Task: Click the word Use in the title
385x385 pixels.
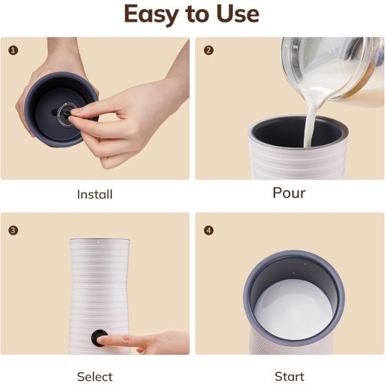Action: [238, 14]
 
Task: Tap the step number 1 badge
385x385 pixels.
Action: [13, 50]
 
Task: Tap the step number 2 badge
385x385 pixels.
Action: [208, 50]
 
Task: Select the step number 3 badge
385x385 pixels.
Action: [13, 230]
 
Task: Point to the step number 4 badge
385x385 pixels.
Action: [208, 230]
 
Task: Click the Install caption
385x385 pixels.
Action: [95, 195]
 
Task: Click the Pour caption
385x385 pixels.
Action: [289, 193]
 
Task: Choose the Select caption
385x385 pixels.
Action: [95, 377]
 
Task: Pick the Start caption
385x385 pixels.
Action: [290, 377]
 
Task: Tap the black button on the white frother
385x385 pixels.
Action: [99, 338]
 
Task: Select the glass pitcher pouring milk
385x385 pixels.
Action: [333, 70]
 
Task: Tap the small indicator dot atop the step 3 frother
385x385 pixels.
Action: [99, 242]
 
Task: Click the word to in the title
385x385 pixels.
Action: [199, 15]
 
